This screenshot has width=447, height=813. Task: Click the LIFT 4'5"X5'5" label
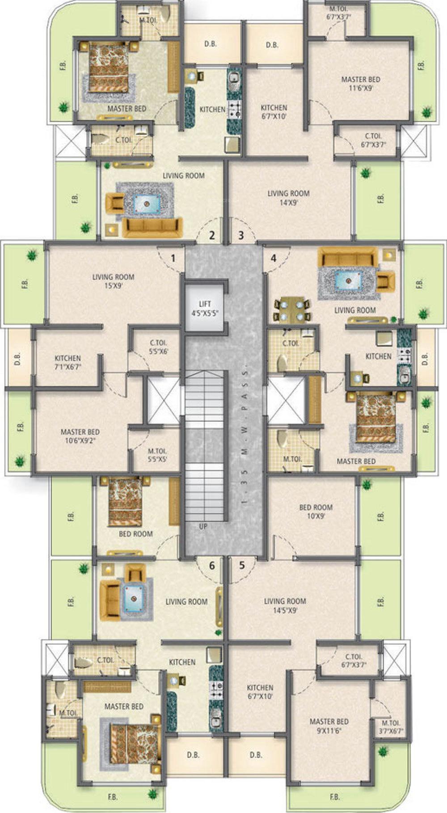click(x=205, y=308)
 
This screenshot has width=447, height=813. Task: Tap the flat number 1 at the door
click(x=173, y=258)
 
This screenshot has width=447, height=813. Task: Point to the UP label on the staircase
click(x=203, y=527)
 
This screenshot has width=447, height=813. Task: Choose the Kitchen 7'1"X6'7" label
click(x=68, y=362)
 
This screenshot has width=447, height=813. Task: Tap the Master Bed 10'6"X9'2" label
click(x=80, y=436)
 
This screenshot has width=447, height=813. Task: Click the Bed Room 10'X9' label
click(x=316, y=511)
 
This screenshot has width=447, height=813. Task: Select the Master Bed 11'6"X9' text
click(x=361, y=84)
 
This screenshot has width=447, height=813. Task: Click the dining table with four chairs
click(x=292, y=310)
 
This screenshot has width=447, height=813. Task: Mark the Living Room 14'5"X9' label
click(x=285, y=605)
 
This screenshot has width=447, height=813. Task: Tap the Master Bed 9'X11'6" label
click(x=329, y=726)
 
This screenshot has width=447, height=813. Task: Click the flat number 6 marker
click(x=212, y=566)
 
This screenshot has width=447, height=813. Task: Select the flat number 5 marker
click(x=242, y=565)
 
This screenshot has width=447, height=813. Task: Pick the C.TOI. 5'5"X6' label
click(x=159, y=347)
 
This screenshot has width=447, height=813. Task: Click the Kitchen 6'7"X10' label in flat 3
click(x=274, y=112)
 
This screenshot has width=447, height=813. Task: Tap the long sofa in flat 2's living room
click(x=152, y=228)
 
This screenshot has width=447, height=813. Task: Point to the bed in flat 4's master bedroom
click(x=376, y=417)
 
